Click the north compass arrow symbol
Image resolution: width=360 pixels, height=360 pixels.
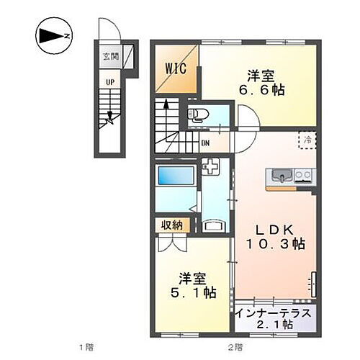(53, 35)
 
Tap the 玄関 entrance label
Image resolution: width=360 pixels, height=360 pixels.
(109, 55)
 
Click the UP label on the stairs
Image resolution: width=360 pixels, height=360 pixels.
(110, 81)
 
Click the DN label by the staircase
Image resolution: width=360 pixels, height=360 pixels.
(204, 143)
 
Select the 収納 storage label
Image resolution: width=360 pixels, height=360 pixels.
(171, 226)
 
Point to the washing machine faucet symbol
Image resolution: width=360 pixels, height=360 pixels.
(212, 168)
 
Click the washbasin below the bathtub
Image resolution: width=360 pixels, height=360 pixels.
(213, 224)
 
